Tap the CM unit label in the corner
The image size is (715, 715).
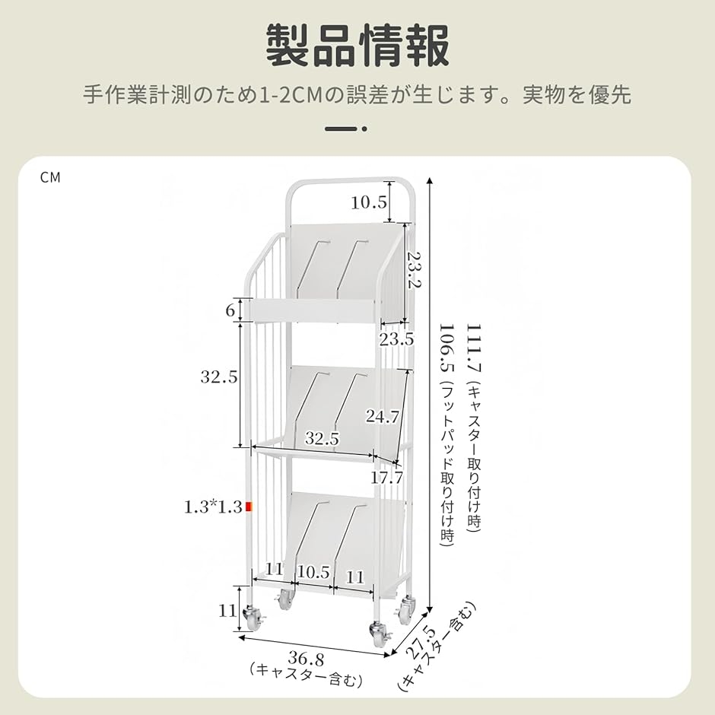coord(50,177)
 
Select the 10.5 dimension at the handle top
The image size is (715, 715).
coord(369,202)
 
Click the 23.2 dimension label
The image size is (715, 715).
coord(414,269)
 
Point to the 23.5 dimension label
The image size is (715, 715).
coord(397,339)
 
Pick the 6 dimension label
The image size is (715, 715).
coord(230,310)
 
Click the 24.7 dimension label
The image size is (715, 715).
coord(383,416)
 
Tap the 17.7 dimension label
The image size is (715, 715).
coord(386,478)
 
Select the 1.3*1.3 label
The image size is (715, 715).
coord(213,507)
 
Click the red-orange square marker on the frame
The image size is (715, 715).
coord(249,507)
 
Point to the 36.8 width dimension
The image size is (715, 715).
coord(307,659)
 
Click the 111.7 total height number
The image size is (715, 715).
coord(474,348)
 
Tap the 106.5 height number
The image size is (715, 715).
coord(447,348)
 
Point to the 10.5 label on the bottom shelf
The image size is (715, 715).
coord(313,572)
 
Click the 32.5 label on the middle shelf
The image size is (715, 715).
coord(323,439)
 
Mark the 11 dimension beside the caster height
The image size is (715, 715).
coord(227,610)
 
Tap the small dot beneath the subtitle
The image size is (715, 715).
coord(364,129)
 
